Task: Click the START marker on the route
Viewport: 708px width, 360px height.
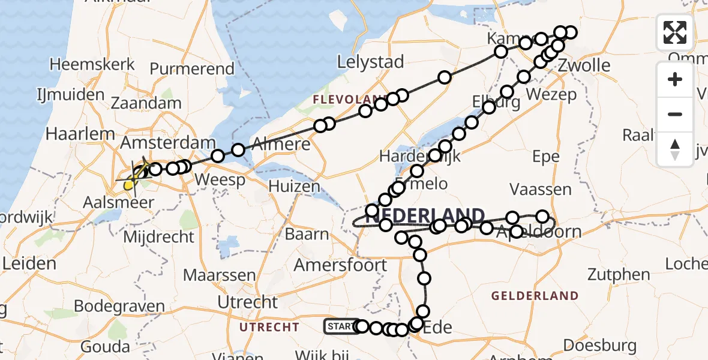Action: pos(341,326)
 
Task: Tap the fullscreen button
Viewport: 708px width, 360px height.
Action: pos(675,32)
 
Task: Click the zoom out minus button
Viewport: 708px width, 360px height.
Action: pos(675,114)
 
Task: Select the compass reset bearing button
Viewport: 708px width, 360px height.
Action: pos(675,149)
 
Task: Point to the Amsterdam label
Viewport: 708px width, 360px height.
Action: pos(168,143)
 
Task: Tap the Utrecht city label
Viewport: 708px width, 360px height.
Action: pos(247,302)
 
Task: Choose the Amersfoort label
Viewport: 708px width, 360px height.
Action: pos(340,265)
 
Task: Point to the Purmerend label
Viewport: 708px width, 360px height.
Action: pos(191,68)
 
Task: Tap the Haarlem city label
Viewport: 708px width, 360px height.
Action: pos(80,133)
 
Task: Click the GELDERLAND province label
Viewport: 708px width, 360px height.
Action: pos(535,295)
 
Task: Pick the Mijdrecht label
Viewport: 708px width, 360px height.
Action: pos(158,236)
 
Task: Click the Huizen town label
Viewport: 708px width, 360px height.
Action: pos(294,186)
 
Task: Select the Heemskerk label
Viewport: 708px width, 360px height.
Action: pos(87,64)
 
